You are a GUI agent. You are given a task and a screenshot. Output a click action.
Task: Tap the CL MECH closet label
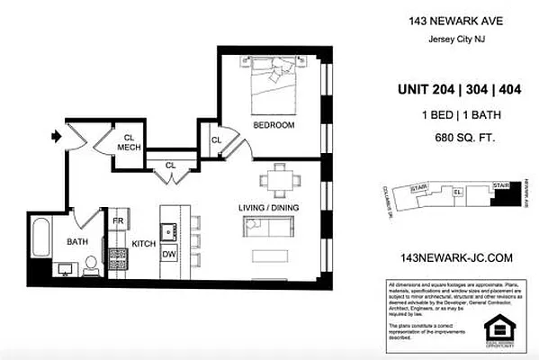tap(129, 143)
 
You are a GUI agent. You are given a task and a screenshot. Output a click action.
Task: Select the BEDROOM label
tap(274, 125)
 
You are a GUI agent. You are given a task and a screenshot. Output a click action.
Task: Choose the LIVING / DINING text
tap(267, 208)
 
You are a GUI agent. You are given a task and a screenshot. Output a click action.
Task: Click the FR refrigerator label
tap(117, 220)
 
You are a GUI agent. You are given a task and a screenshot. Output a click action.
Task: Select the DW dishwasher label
tap(168, 255)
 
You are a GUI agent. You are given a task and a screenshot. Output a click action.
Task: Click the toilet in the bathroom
tap(90, 265)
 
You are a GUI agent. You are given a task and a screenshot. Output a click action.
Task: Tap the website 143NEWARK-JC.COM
tap(454, 257)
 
